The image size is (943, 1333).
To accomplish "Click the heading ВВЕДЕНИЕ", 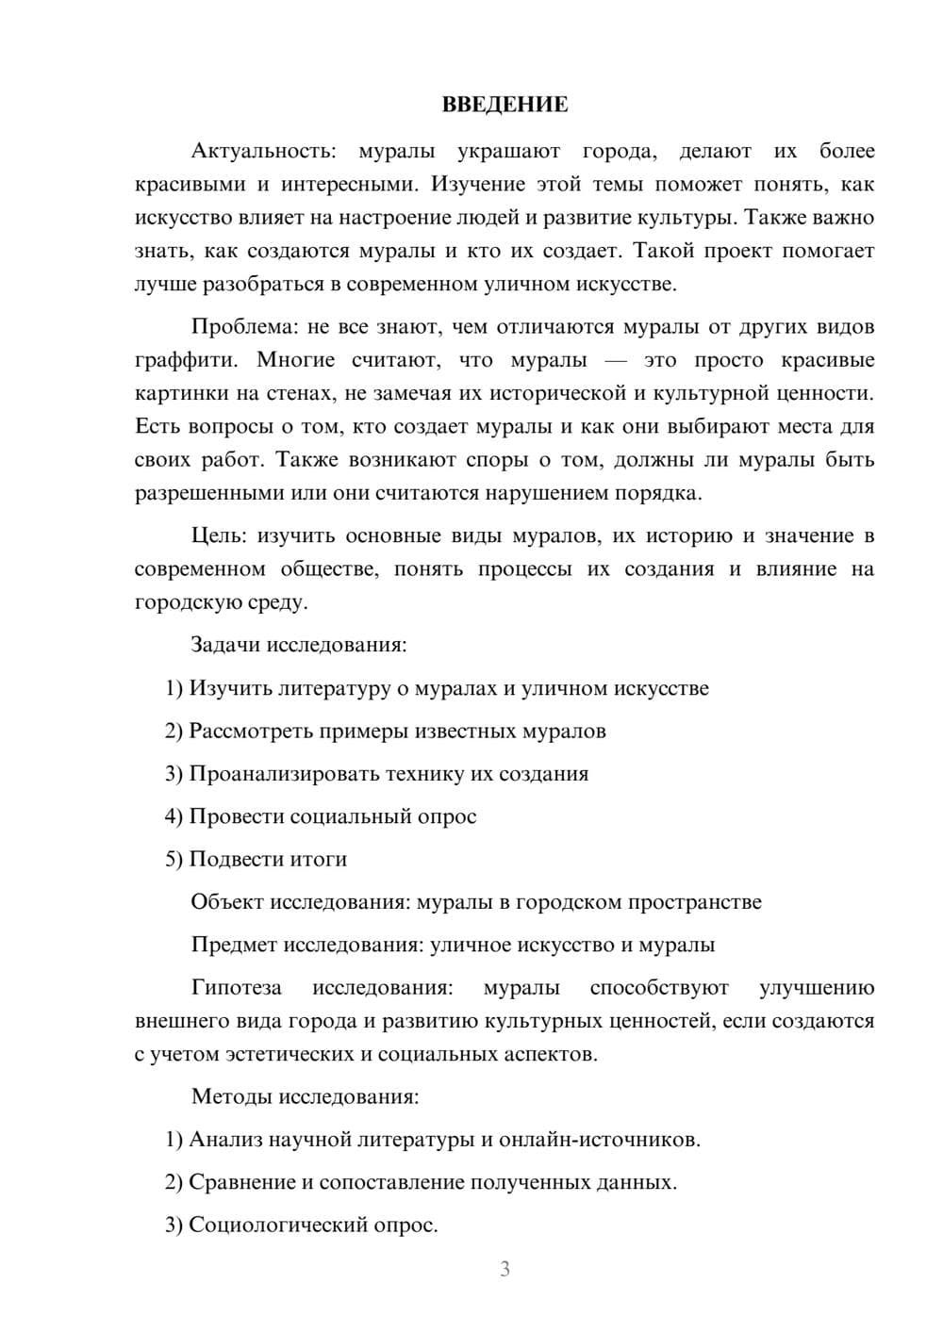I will (x=505, y=105).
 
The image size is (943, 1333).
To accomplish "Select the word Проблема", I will (x=242, y=327).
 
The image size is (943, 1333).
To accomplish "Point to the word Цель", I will (x=218, y=536).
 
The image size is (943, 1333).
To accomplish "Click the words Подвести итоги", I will (x=268, y=859).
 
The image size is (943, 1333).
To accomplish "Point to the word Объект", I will (x=227, y=902).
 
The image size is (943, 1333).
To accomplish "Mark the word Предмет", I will (x=234, y=945).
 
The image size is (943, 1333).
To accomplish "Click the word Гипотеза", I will (x=236, y=988).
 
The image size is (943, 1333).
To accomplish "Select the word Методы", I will (x=225, y=1096).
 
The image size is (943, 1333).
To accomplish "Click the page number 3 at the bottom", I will (x=505, y=1269).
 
